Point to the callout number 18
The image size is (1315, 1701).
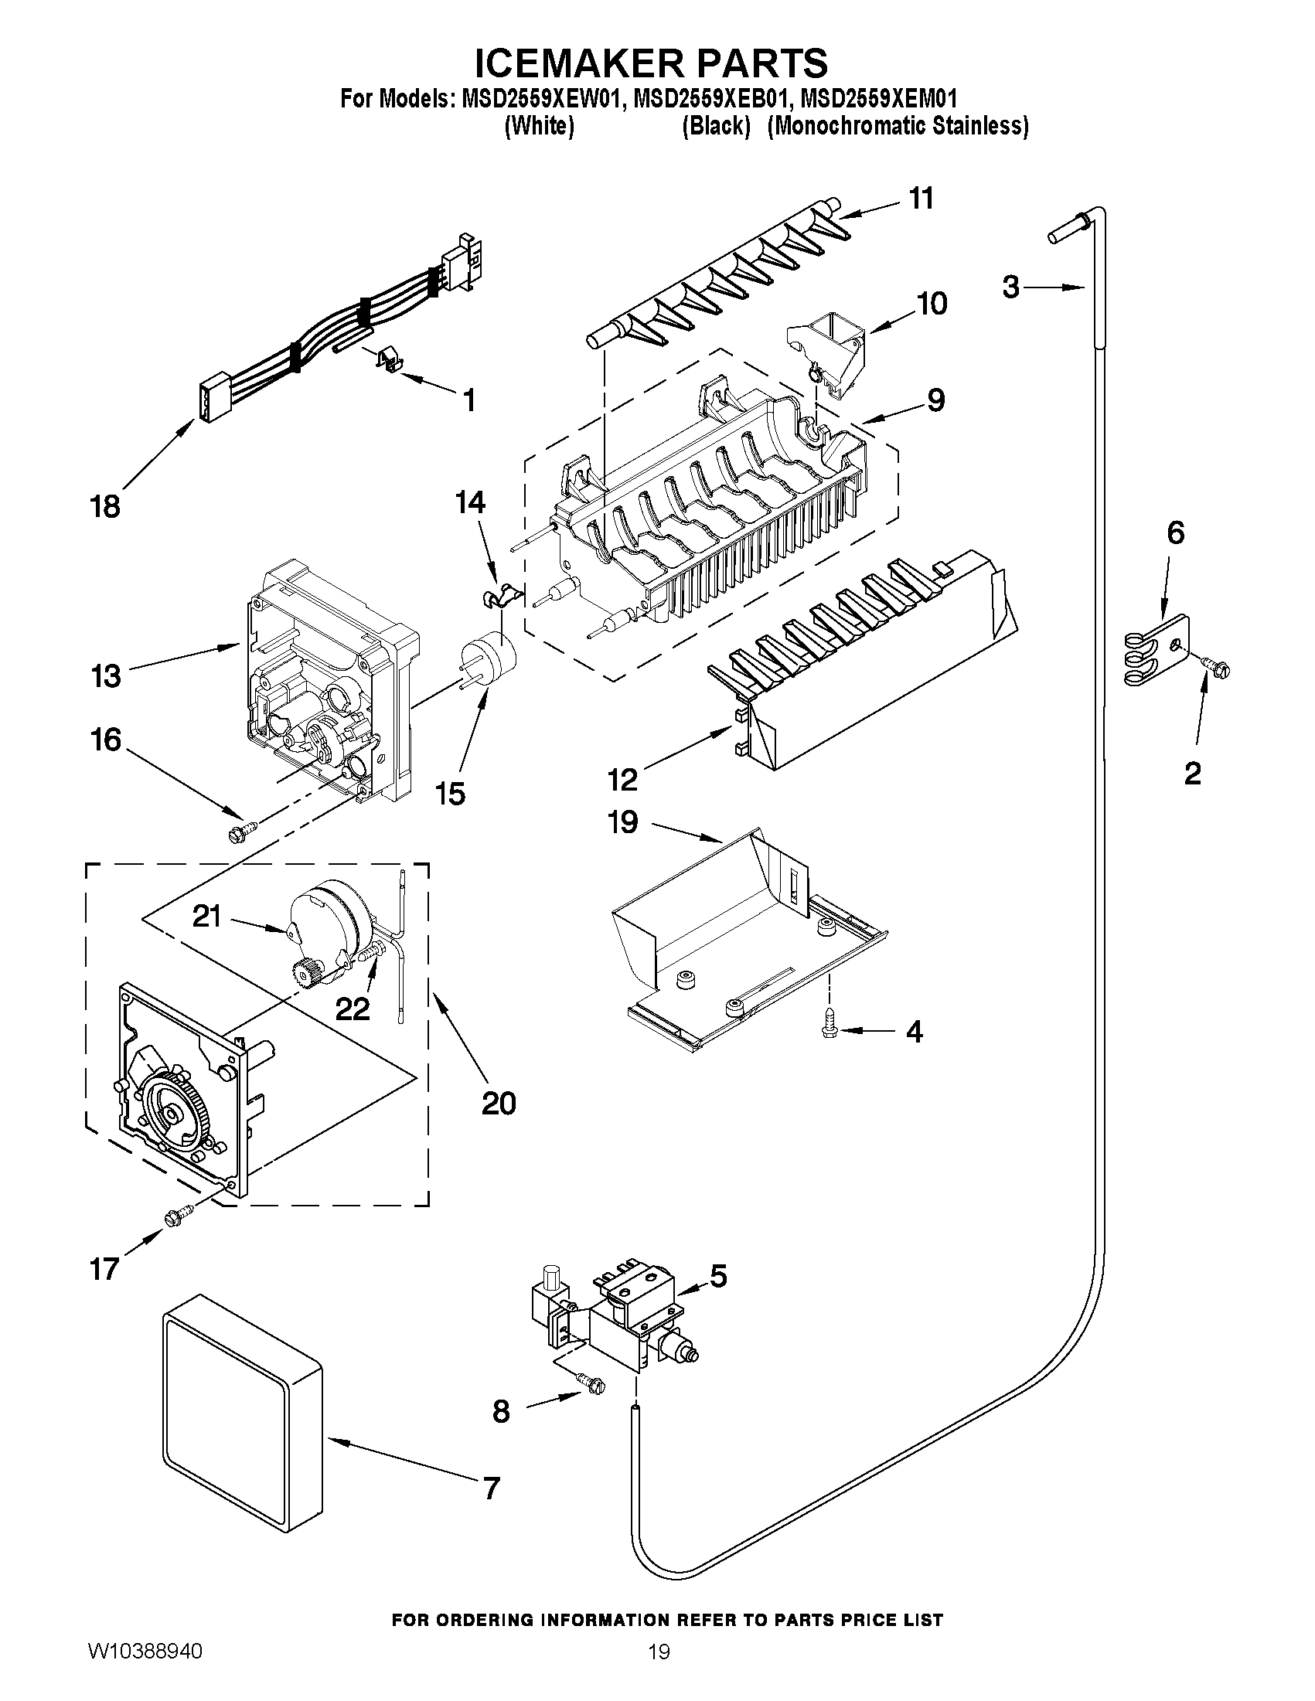pos(106,507)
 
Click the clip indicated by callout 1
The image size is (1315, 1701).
pos(388,360)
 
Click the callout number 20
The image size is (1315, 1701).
pos(499,1104)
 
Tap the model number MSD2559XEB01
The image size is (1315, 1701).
pos(710,100)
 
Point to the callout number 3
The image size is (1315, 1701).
pos(1010,287)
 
